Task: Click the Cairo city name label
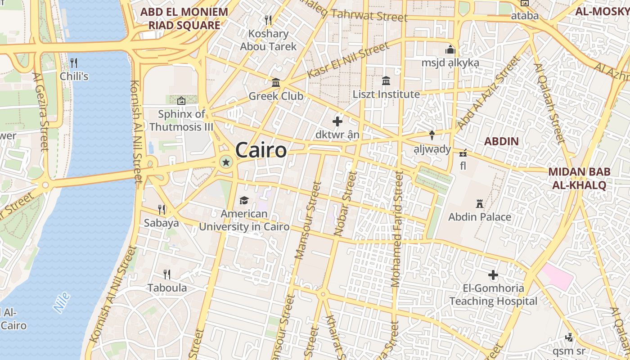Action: [261, 150]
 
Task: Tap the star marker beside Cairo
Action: [226, 162]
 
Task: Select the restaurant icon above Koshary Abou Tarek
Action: [268, 20]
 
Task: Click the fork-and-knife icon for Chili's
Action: [74, 63]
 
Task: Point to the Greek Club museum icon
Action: [276, 83]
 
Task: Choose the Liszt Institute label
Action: [386, 94]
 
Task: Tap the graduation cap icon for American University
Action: [244, 200]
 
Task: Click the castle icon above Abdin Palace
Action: [480, 204]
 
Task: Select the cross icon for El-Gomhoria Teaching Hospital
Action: [493, 274]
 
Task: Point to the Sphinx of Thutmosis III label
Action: [181, 120]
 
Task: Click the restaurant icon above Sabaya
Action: [162, 209]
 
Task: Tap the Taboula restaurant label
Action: [167, 288]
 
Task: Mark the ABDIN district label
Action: [501, 141]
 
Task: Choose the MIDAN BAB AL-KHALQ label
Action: [579, 178]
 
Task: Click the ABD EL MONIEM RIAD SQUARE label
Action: [184, 18]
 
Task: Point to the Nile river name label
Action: [62, 302]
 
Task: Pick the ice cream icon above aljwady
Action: [432, 135]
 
